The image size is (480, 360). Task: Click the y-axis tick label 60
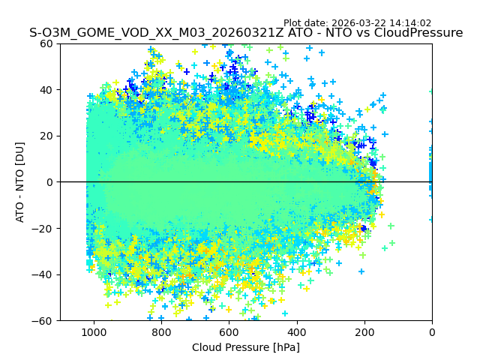coord(47,43)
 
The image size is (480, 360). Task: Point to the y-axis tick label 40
coord(47,90)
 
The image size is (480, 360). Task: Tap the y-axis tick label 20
coord(47,136)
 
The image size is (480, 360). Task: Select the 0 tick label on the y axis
coord(50,182)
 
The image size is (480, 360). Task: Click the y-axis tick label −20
coord(44,229)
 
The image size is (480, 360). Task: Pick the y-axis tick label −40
coord(44,274)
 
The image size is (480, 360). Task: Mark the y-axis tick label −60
coord(44,321)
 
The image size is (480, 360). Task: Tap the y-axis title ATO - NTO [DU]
coord(20,181)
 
